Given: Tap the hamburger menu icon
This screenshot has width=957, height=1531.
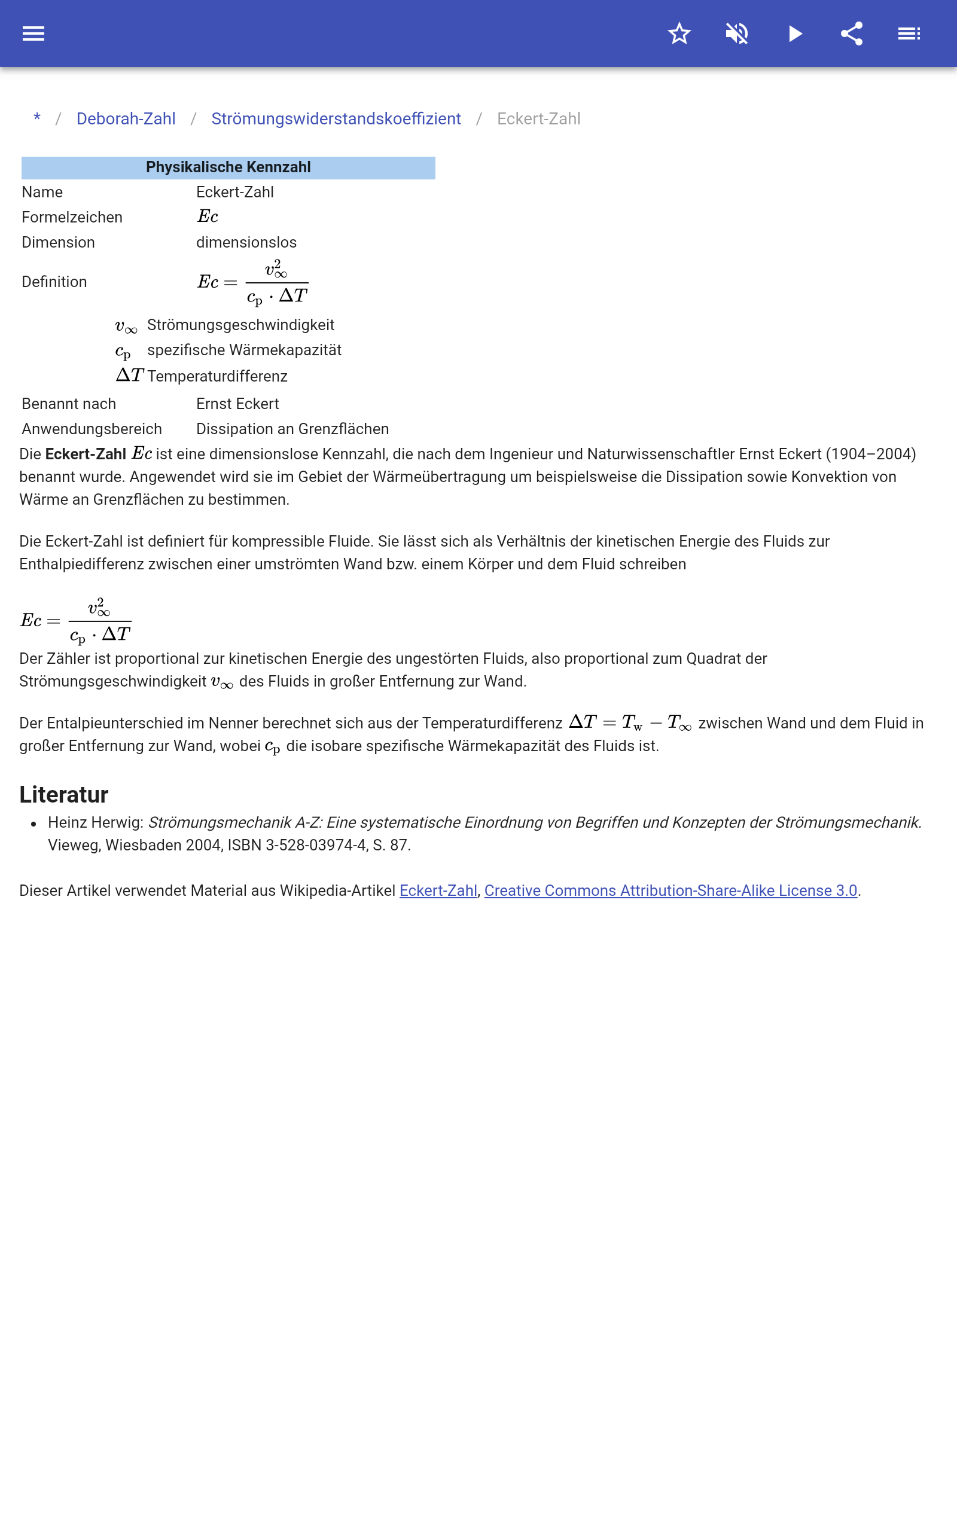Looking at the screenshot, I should coord(33,33).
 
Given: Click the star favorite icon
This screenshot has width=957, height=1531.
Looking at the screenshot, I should coord(679,33).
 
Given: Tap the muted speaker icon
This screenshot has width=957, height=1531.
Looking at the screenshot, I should coord(737,33).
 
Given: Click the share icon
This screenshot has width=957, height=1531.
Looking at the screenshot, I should coord(852,33).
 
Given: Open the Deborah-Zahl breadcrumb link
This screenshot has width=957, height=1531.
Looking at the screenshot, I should coord(126,119).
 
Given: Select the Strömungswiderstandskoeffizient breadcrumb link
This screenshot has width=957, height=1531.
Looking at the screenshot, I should coord(336,119).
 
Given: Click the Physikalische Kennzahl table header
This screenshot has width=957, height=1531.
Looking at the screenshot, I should coord(228,167).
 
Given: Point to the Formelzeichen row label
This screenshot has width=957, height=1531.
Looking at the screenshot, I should coord(72,218).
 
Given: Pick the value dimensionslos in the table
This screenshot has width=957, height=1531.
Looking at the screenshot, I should coord(246,243).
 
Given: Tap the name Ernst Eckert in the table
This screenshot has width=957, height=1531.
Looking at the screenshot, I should coord(237,404).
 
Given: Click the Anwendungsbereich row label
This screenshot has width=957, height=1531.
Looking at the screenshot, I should coord(92,429).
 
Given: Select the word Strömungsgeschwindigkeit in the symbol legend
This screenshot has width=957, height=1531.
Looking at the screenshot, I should coord(240,325).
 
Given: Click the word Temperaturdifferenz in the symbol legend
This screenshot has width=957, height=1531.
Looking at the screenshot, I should coord(217,377).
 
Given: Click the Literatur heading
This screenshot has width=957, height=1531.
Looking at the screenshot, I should coord(64,795).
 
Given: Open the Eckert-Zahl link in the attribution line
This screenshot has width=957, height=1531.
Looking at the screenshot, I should coord(438,890).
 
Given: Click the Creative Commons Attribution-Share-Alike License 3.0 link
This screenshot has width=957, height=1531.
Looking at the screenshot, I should coord(670,890).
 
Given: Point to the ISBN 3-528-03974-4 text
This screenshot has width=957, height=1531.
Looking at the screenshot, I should coord(297,845).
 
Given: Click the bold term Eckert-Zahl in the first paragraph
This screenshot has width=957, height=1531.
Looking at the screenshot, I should coord(86,455).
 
